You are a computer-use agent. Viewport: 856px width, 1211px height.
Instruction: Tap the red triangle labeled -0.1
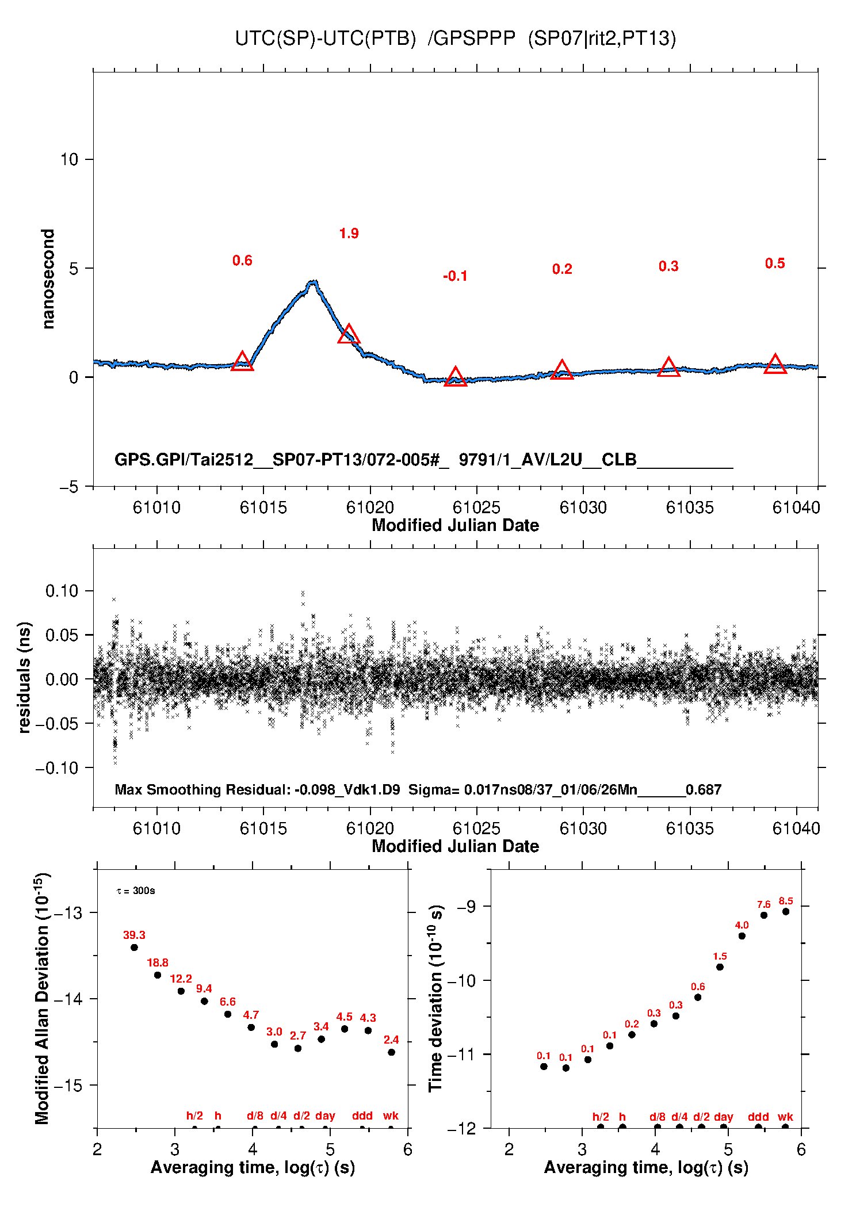455,377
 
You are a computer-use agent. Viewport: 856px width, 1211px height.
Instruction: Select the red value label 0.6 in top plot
242,261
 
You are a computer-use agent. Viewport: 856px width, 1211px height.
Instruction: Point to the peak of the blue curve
313,282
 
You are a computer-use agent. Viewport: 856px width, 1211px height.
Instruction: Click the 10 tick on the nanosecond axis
69,159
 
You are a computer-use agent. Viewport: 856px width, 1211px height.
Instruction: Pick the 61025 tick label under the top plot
476,507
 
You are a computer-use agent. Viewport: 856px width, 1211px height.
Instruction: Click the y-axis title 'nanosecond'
48,279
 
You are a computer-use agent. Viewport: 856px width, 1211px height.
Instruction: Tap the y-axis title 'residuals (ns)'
24,677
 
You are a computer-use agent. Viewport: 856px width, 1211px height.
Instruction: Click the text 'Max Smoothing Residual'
201,789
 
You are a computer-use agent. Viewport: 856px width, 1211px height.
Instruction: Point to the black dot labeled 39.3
134,948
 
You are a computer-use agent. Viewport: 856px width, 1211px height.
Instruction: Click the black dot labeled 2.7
298,1048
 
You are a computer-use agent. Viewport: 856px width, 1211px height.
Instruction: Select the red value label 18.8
158,962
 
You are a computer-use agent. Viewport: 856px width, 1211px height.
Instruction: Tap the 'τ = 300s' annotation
136,891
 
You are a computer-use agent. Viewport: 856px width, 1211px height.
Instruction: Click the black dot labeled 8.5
786,911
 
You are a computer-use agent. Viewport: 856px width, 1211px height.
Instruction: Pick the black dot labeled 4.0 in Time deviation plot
742,936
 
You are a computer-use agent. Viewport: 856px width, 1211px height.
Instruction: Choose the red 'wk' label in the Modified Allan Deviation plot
391,1116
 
